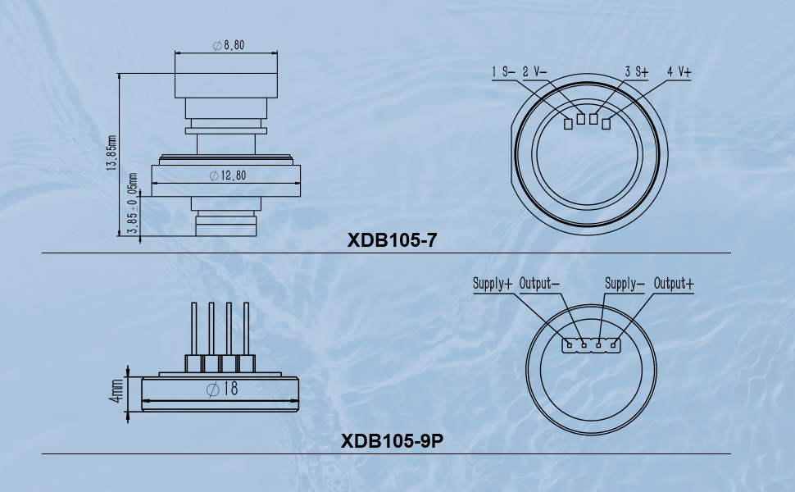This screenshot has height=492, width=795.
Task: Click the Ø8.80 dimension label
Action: (229, 45)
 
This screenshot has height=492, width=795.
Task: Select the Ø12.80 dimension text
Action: (228, 175)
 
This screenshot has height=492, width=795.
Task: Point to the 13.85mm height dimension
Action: (112, 153)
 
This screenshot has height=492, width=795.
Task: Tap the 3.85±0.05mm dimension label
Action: (132, 203)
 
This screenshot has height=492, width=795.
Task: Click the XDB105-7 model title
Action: (392, 240)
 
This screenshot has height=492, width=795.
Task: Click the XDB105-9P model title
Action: (392, 441)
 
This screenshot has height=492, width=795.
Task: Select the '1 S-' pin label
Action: (503, 72)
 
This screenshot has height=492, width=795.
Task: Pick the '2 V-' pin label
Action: (535, 72)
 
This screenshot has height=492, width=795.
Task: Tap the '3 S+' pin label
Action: (636, 72)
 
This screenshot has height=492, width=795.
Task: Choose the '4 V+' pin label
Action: (679, 72)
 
